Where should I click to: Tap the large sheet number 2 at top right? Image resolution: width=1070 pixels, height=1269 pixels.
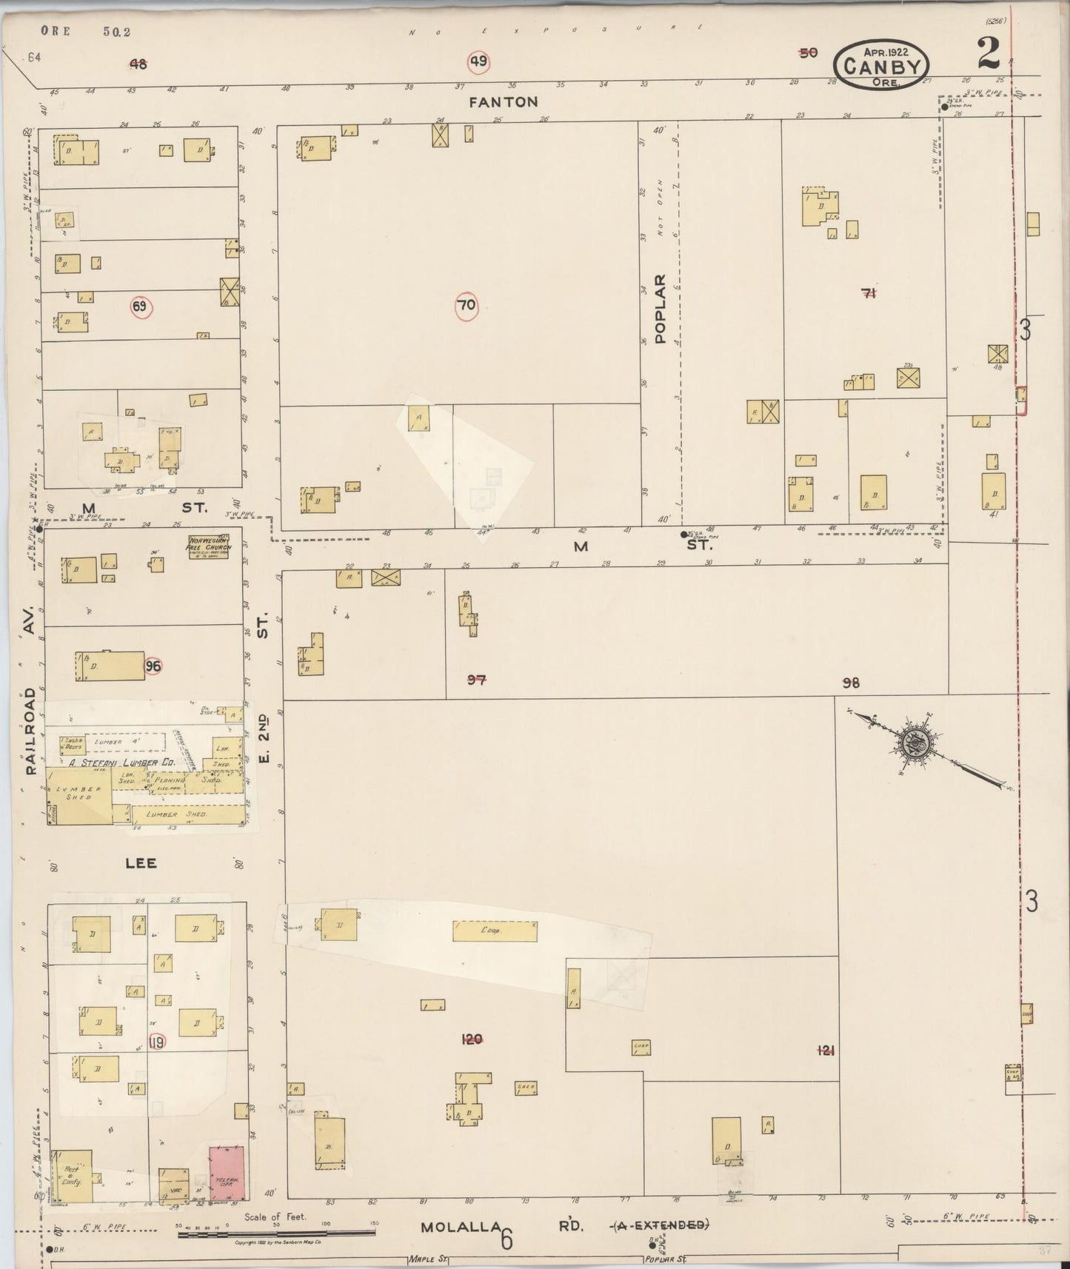(x=989, y=53)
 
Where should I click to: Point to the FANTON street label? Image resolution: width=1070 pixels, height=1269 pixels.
(x=503, y=101)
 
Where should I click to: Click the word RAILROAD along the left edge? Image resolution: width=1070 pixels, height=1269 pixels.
(x=30, y=730)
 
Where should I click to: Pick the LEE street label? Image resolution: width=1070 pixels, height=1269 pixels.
(x=141, y=863)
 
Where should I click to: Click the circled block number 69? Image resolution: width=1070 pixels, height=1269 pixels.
(x=140, y=307)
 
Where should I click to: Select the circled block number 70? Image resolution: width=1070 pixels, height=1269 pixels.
(x=467, y=305)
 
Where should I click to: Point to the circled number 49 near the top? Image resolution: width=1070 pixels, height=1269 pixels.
(x=478, y=61)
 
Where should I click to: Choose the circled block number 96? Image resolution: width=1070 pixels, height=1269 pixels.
(x=153, y=666)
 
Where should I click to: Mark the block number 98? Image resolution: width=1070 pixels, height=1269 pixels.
(x=851, y=683)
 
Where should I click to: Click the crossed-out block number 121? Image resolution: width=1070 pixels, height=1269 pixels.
(x=826, y=1049)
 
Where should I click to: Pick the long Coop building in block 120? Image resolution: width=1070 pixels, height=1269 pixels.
(x=495, y=931)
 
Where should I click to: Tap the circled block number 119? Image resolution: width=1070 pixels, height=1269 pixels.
(x=156, y=1042)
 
